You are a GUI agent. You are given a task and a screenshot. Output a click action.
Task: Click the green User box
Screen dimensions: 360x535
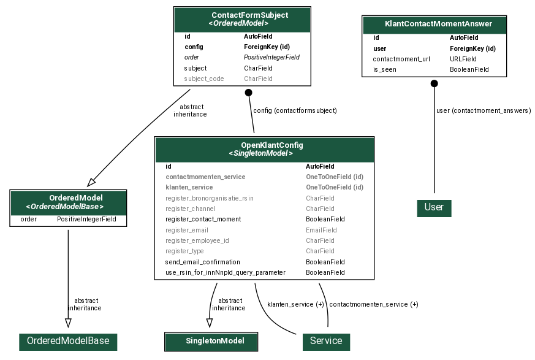click(434, 207)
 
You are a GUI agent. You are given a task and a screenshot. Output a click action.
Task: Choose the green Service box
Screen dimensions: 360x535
click(326, 341)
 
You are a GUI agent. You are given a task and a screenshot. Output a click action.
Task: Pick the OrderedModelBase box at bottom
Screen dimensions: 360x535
click(68, 341)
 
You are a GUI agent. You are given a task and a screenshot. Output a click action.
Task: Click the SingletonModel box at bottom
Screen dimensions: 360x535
click(211, 341)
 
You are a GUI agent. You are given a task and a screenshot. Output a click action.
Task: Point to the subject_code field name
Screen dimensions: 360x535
click(204, 79)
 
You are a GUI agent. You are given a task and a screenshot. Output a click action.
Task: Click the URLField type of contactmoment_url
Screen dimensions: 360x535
click(463, 59)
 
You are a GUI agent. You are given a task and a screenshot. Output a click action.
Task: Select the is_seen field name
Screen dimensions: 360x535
click(384, 69)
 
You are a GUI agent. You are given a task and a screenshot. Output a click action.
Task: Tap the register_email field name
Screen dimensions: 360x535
click(187, 230)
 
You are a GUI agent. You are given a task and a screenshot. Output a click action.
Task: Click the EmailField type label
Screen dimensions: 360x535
click(321, 230)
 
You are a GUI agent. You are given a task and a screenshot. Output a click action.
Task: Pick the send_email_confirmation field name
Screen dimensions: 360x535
click(202, 262)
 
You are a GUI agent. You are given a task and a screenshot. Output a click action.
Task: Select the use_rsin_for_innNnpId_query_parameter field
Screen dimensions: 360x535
click(225, 272)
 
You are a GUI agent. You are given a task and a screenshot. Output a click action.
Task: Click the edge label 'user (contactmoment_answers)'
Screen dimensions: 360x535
click(483, 111)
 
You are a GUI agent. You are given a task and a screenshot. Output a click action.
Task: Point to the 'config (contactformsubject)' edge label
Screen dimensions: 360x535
click(295, 111)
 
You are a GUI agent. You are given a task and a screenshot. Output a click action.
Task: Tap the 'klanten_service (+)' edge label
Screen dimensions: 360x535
click(295, 304)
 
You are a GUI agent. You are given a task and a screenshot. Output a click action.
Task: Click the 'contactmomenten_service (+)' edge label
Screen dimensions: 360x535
click(373, 304)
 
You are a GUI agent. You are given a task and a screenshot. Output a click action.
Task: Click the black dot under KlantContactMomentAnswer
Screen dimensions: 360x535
click(434, 83)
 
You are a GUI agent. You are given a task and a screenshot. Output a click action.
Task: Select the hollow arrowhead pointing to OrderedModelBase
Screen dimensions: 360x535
click(68, 323)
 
